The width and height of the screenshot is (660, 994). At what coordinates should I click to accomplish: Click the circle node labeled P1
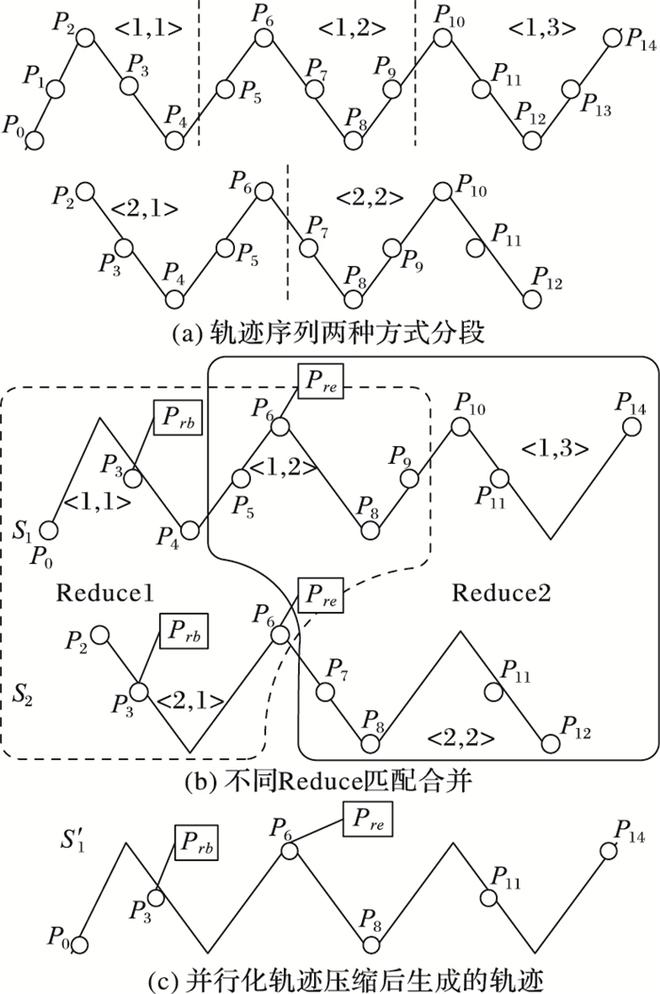point(55,90)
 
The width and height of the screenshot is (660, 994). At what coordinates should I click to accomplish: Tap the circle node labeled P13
point(570,91)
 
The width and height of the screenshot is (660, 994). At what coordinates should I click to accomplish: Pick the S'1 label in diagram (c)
point(72,836)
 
